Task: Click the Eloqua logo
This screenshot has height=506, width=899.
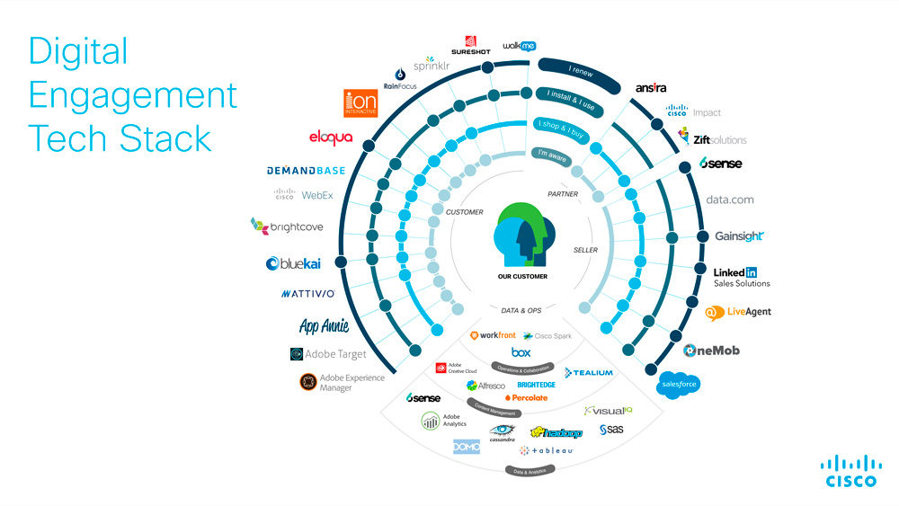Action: click(330, 138)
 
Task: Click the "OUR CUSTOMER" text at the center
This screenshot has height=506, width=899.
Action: click(522, 276)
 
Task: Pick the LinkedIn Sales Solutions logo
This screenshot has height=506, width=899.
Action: click(741, 277)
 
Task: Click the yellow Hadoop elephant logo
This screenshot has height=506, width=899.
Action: click(556, 432)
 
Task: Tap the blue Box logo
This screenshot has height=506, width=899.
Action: click(521, 352)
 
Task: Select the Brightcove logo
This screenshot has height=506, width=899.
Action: click(287, 226)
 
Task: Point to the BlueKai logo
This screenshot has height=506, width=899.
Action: click(292, 263)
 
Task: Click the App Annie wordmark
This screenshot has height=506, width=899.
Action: click(324, 326)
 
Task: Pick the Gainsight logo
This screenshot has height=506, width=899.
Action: click(739, 236)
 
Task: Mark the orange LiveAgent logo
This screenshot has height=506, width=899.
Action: click(738, 312)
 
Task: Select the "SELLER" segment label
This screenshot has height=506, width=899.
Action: click(585, 250)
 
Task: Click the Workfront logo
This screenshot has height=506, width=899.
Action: click(493, 335)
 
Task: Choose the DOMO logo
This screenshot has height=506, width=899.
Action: click(467, 446)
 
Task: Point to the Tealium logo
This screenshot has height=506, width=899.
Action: click(589, 372)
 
